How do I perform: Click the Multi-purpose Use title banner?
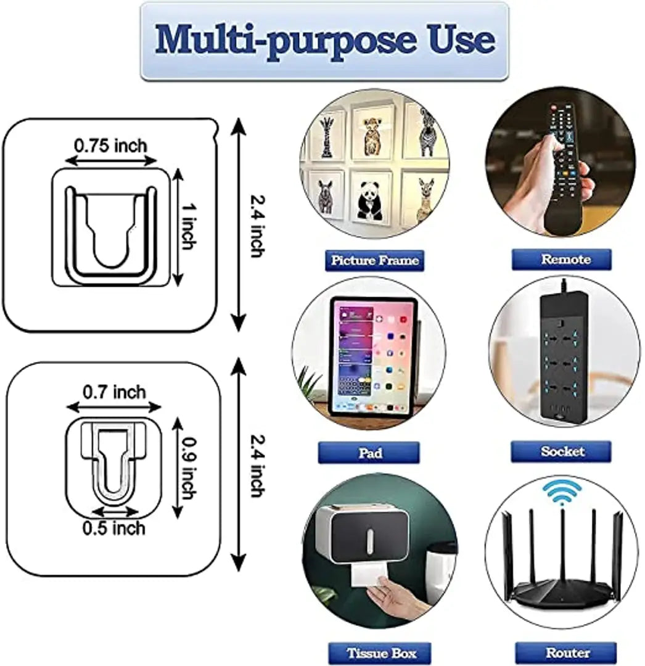tap(324, 41)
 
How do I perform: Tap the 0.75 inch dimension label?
tap(110, 146)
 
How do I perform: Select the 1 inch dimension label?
tap(189, 226)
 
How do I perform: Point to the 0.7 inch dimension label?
tap(114, 392)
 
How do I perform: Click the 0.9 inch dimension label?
tap(189, 469)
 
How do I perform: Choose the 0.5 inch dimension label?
tap(114, 528)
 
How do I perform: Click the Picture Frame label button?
tap(374, 260)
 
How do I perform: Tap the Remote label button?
tap(561, 260)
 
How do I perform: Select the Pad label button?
tap(369, 453)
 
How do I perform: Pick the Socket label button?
tap(561, 451)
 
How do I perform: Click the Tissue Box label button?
tap(380, 653)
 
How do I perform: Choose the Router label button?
tap(566, 652)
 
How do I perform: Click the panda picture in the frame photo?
tap(369, 200)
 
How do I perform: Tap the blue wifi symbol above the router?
tap(561, 493)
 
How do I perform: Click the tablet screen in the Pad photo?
tap(373, 356)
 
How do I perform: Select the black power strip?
tap(564, 357)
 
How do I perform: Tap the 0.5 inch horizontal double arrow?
tap(114, 511)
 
